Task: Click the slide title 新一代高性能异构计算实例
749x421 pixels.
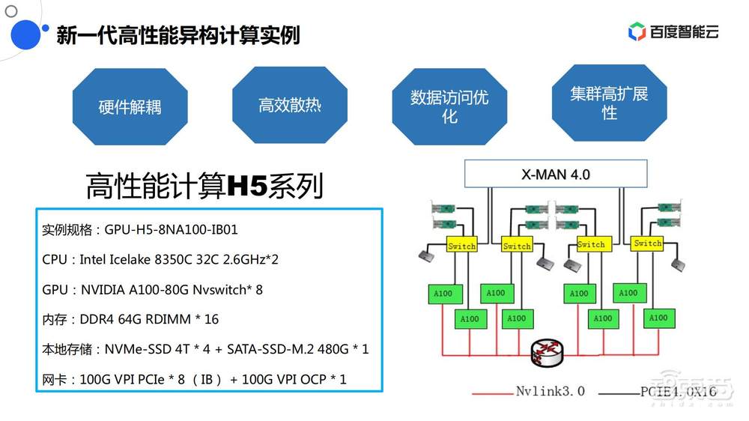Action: (178, 34)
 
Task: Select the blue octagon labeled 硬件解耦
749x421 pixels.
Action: (130, 106)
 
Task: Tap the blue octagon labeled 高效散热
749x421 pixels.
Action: (290, 105)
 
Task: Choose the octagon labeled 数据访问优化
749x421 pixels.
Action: (449, 106)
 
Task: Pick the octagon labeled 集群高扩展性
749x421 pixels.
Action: (609, 103)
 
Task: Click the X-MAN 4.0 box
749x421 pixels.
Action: (555, 175)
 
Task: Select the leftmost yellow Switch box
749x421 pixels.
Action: (461, 246)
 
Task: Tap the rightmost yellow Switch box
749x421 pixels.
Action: (647, 243)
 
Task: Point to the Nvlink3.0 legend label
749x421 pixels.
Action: (550, 391)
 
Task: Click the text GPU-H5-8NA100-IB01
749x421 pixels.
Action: (171, 229)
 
